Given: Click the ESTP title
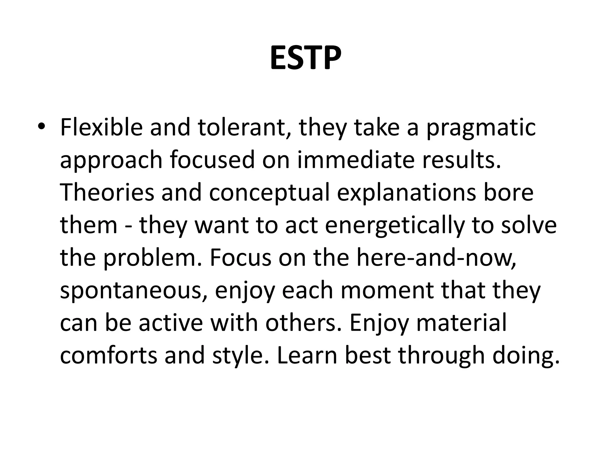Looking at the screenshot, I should pyautogui.click(x=305, y=58).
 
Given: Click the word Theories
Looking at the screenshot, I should pyautogui.click(x=107, y=192).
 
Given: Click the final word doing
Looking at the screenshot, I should pyautogui.click(x=525, y=356).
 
